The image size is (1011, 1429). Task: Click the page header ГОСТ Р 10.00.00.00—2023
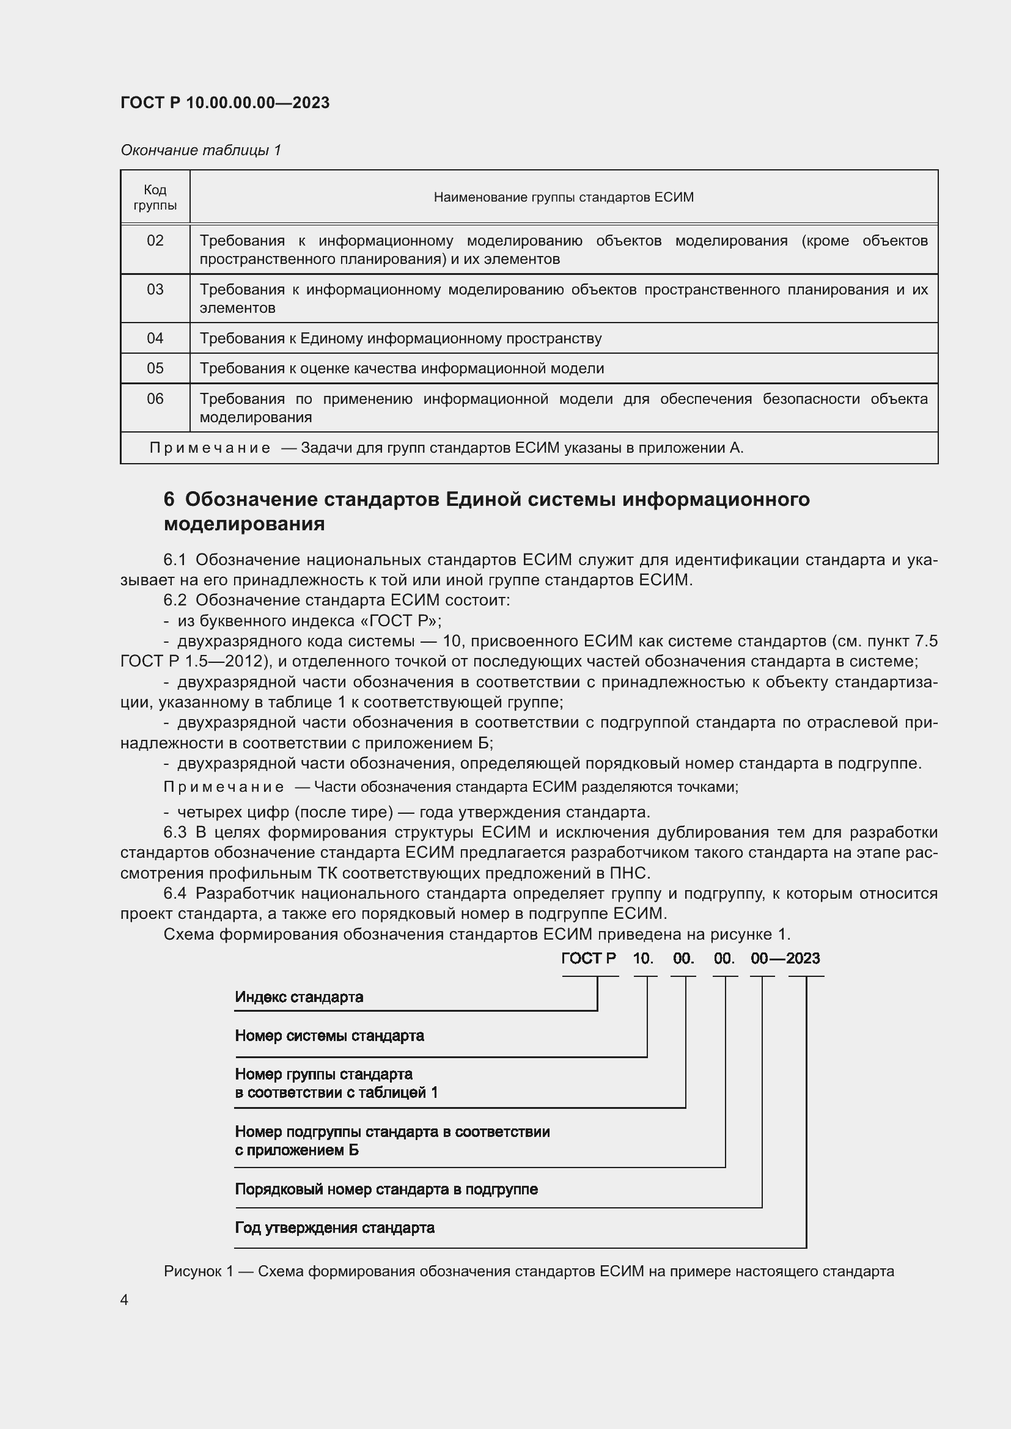[x=225, y=103]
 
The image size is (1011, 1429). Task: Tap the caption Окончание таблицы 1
[x=200, y=150]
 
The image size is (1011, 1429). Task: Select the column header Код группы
[x=155, y=197]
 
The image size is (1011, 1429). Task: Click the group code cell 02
[x=155, y=241]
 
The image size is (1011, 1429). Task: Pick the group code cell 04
[x=155, y=338]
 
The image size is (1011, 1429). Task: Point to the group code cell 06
[x=155, y=398]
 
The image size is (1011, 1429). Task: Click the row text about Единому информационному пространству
[x=400, y=338]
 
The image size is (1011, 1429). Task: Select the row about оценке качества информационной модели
[x=402, y=368]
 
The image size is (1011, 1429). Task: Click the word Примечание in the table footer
[x=210, y=448]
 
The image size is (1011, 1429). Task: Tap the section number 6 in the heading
[x=169, y=500]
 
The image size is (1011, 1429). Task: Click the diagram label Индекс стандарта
[x=299, y=997]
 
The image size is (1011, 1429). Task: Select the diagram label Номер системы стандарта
[x=329, y=1036]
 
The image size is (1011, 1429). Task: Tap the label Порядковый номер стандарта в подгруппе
[x=386, y=1190]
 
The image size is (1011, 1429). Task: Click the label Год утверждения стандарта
[x=334, y=1228]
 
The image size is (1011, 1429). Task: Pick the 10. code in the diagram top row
[x=643, y=959]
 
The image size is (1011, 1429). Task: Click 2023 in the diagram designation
[x=803, y=959]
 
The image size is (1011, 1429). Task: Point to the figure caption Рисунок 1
[x=198, y=1271]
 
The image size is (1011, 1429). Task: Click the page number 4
[x=125, y=1300]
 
